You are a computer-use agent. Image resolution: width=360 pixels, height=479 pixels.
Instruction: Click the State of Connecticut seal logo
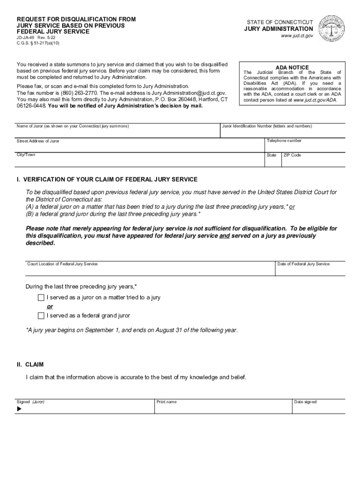(x=332, y=29)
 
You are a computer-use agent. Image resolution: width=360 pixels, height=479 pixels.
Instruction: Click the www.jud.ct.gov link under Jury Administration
(x=296, y=36)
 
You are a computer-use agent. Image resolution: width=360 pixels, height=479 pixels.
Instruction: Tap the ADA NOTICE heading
(x=292, y=67)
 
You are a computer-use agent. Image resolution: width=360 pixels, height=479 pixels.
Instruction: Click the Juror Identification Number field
(x=286, y=132)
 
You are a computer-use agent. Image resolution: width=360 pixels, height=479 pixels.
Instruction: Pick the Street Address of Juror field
(x=140, y=146)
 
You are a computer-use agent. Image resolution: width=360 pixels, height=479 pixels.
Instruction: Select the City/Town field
(x=140, y=160)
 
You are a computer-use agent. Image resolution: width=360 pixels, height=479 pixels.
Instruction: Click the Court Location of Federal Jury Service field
(x=150, y=269)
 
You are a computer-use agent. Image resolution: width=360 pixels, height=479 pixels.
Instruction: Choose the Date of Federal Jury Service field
(x=310, y=269)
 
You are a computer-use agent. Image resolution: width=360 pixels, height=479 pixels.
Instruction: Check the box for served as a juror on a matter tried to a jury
(x=41, y=298)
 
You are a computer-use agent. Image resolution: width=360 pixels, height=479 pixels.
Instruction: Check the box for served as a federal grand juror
(x=41, y=316)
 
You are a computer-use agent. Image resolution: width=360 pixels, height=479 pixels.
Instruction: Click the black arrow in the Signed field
(x=20, y=409)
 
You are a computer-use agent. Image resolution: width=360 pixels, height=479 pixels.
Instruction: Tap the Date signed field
(x=319, y=407)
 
